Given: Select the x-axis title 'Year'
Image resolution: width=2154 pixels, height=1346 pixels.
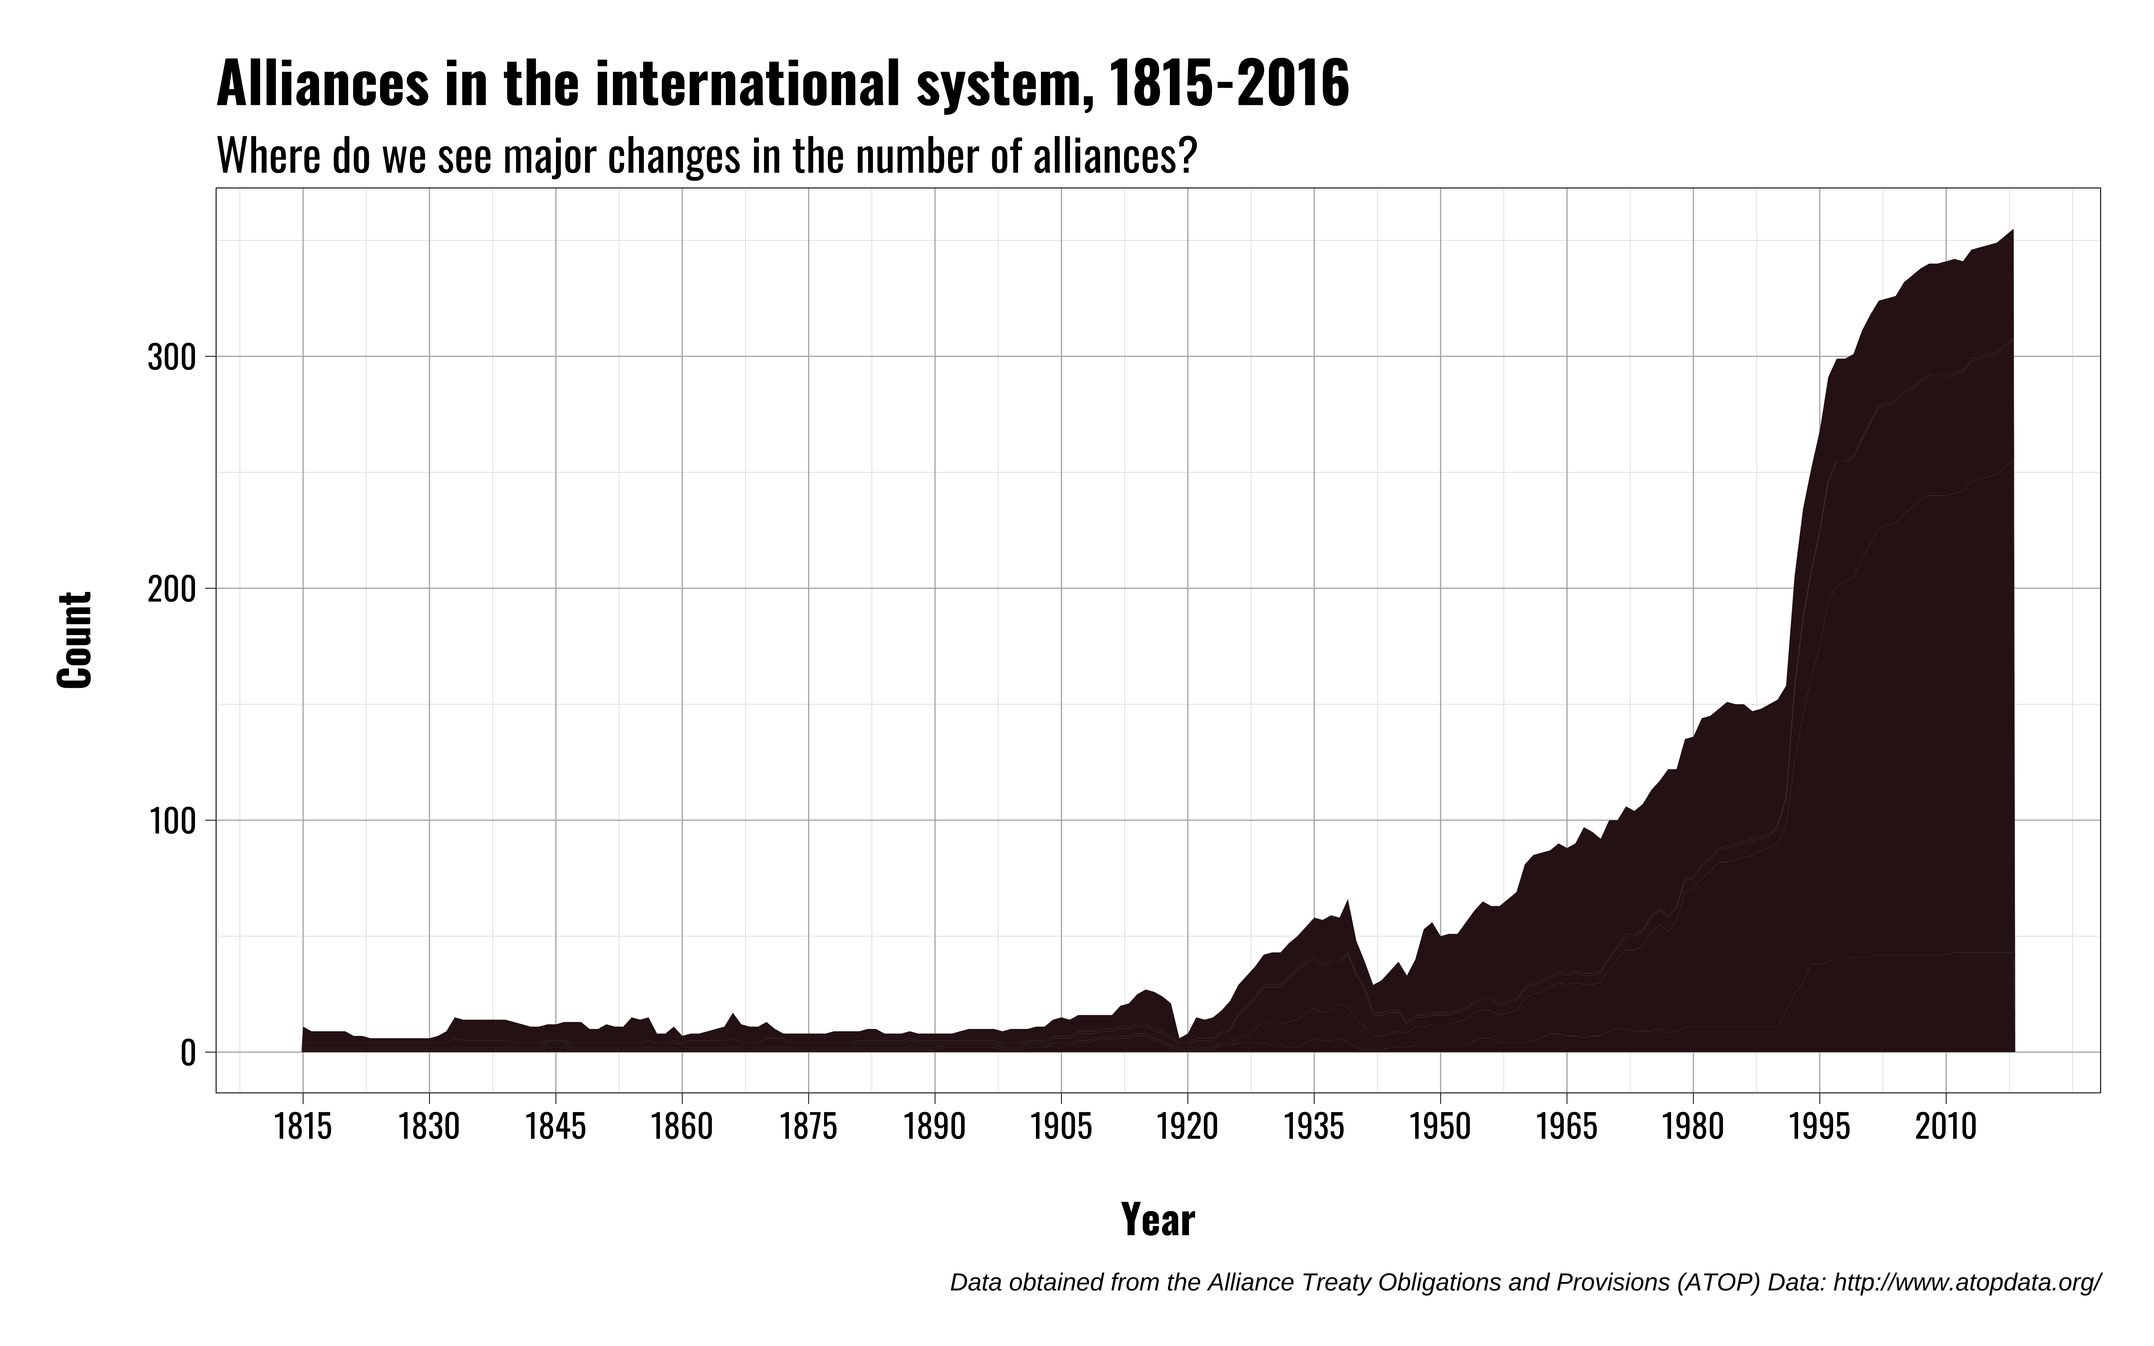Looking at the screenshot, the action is coord(1157,1219).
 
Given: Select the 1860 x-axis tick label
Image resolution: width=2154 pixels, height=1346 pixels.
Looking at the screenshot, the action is coord(682,1127).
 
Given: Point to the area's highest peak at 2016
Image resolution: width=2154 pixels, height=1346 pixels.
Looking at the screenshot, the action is coord(2013,230).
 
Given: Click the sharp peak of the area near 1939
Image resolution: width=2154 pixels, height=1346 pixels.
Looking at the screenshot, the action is coord(1348,900).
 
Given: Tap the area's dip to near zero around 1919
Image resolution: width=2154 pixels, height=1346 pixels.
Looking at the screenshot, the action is coord(1178,1038).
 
